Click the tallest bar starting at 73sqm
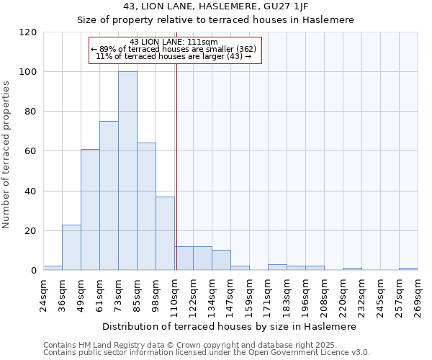click(127, 171)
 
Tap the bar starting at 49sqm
click(90, 210)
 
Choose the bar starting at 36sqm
click(71, 247)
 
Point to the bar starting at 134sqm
click(221, 260)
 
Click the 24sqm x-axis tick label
click(43, 294)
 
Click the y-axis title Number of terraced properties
click(7, 154)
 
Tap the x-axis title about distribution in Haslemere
click(230, 326)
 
